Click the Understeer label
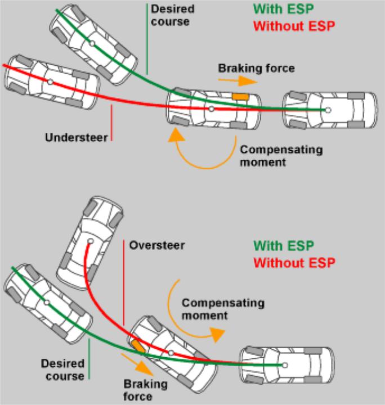(x=77, y=137)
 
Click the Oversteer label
(x=156, y=246)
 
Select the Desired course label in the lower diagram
(x=62, y=370)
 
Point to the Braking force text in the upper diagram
(x=256, y=68)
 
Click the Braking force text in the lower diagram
(x=138, y=390)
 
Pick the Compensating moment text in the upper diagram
(x=281, y=156)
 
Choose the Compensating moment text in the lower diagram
(x=222, y=309)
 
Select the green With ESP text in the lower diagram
(x=283, y=246)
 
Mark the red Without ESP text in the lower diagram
(x=294, y=263)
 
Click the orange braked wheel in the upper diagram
(x=240, y=97)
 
